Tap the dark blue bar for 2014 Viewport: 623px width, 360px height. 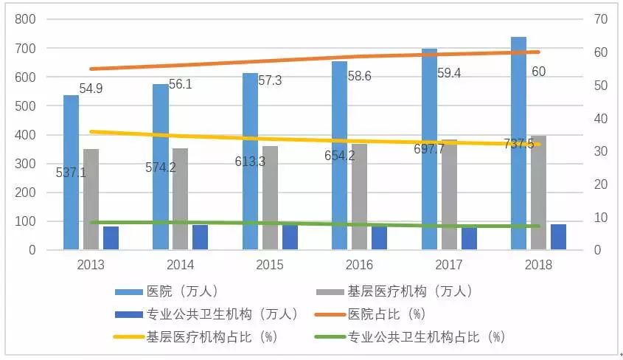click(200, 238)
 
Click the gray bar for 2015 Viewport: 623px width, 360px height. click(270, 199)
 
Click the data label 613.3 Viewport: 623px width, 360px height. click(251, 161)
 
